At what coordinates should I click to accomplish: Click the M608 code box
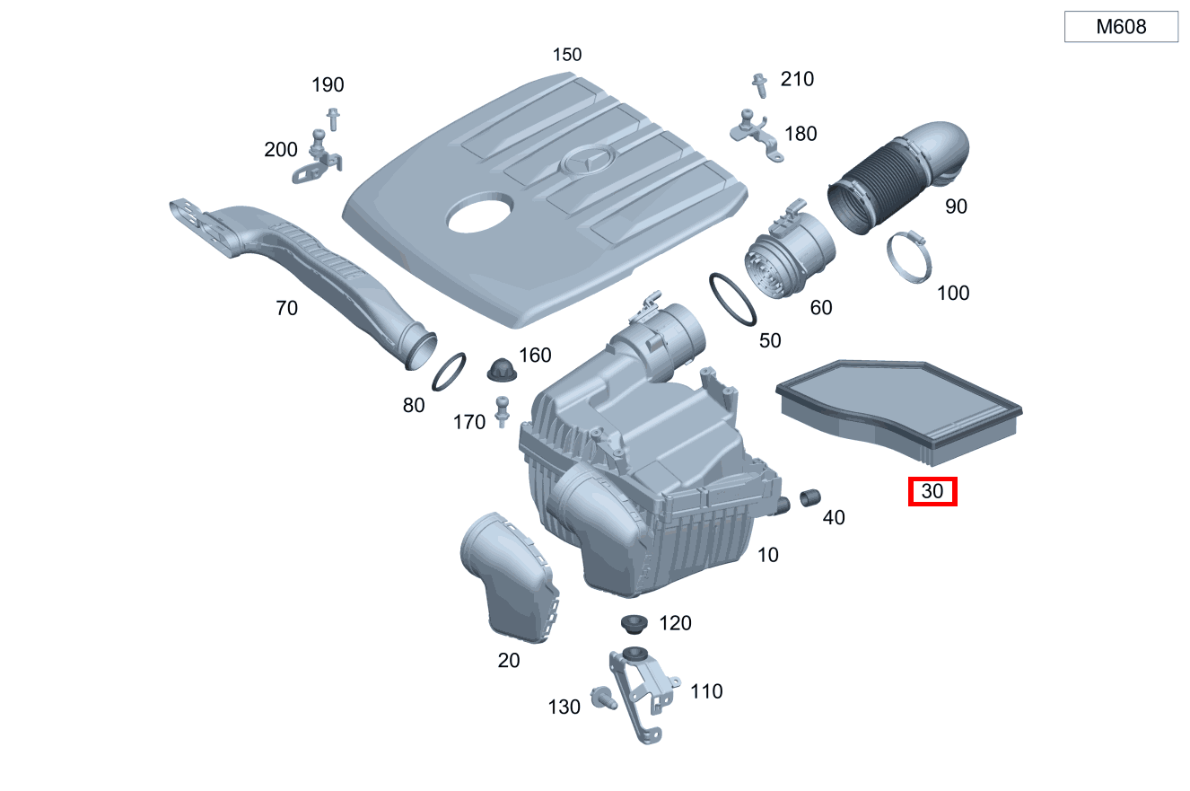pyautogui.click(x=1121, y=27)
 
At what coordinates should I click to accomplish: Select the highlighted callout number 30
pyautogui.click(x=932, y=492)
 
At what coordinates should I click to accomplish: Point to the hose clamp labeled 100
pyautogui.click(x=909, y=258)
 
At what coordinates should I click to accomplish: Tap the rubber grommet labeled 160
pyautogui.click(x=501, y=369)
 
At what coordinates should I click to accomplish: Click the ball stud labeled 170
pyautogui.click(x=503, y=412)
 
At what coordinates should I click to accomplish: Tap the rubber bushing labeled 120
pyautogui.click(x=634, y=623)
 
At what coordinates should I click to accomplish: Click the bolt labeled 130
pyautogui.click(x=603, y=697)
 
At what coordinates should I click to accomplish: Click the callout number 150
pyautogui.click(x=566, y=55)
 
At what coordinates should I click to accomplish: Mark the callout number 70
pyautogui.click(x=286, y=309)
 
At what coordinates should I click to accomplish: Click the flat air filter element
pyautogui.click(x=897, y=409)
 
